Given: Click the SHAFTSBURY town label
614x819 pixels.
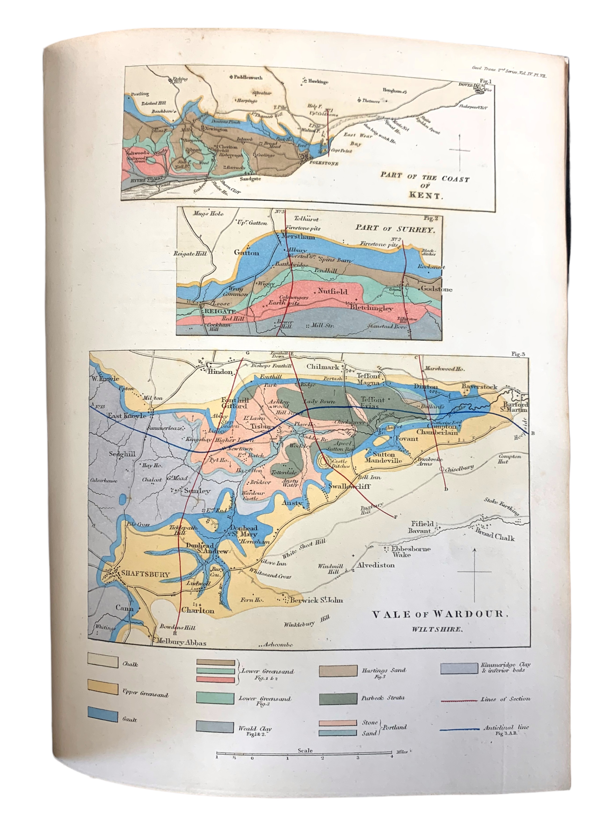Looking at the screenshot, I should [x=145, y=574].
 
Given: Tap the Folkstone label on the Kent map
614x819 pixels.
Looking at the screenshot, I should [x=323, y=163].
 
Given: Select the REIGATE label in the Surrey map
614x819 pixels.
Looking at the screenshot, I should [x=220, y=311].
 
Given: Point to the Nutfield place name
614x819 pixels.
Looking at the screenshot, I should [x=332, y=291].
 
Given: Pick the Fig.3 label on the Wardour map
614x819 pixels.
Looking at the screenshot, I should [x=518, y=354].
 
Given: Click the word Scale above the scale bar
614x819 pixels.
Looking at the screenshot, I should [x=305, y=750].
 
